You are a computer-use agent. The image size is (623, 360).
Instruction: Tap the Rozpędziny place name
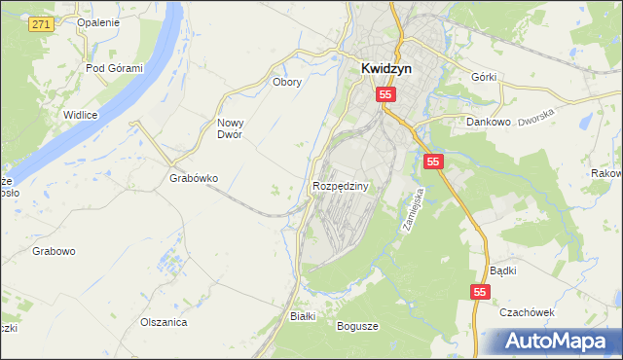coord(340,185)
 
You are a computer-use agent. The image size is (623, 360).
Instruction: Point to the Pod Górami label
coord(114,68)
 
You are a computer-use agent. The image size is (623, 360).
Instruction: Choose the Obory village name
coord(287,82)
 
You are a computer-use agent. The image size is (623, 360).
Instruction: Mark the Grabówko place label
coord(194,179)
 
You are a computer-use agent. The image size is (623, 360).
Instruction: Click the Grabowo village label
coord(54,251)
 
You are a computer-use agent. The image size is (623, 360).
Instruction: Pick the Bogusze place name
coord(357,326)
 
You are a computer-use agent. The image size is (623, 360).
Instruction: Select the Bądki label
coord(503,270)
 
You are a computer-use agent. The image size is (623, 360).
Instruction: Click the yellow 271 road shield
coord(39,23)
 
